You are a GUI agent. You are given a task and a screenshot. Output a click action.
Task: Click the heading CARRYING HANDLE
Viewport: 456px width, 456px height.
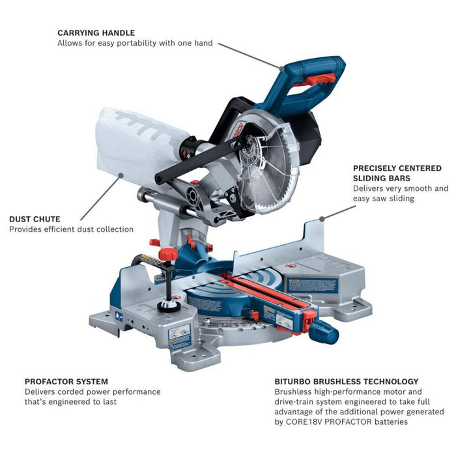[x=96, y=32]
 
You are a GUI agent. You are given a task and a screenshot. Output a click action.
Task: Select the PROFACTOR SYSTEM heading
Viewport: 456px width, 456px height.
[x=66, y=381]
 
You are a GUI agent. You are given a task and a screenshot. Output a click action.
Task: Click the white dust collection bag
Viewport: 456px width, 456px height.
[x=137, y=147]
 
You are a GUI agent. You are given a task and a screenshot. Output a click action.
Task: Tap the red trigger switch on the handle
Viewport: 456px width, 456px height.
[x=320, y=79]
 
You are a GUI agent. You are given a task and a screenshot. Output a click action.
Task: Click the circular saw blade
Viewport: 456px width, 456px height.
[x=264, y=166]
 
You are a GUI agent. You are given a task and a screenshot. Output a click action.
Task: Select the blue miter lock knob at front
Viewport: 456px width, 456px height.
[x=324, y=333]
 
